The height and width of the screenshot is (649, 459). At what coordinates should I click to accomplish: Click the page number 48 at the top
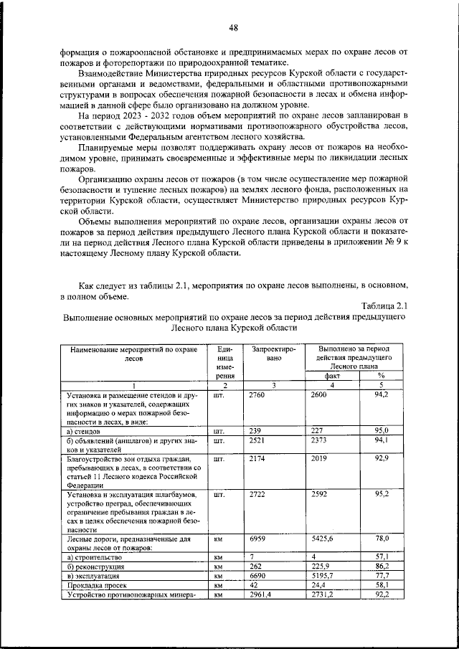233,28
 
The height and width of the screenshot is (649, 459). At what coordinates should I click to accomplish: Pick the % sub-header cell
381,375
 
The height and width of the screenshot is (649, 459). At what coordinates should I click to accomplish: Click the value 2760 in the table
256,394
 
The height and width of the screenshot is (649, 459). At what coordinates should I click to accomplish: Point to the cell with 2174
256,459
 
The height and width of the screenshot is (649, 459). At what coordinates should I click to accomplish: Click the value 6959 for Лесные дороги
256,538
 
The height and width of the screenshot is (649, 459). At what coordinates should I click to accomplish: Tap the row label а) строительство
95,556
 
